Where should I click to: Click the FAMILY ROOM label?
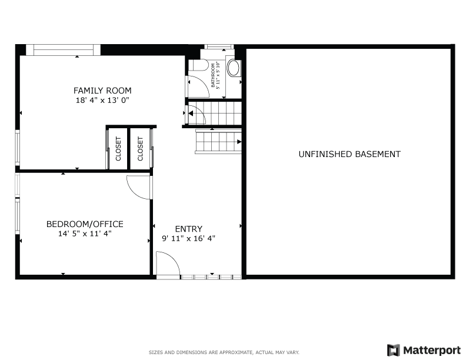[x=102, y=91]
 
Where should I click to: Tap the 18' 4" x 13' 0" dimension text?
[x=102, y=100]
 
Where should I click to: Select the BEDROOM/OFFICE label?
[x=85, y=224]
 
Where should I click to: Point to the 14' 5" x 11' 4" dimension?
[x=85, y=234]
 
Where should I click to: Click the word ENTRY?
[x=189, y=229]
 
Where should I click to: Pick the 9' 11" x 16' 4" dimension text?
[x=189, y=238]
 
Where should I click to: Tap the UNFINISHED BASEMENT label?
[x=349, y=154]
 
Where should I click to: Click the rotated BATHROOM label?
[x=213, y=75]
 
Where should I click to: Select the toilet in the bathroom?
[x=198, y=65]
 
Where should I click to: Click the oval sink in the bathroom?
[x=234, y=68]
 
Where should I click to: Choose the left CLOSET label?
[x=118, y=149]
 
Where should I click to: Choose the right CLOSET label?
[x=140, y=149]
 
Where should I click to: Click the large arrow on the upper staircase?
[x=191, y=113]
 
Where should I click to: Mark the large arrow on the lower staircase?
[x=239, y=142]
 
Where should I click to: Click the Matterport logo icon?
[x=393, y=350]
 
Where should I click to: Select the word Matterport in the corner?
[x=432, y=351]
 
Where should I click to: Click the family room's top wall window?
[x=64, y=50]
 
